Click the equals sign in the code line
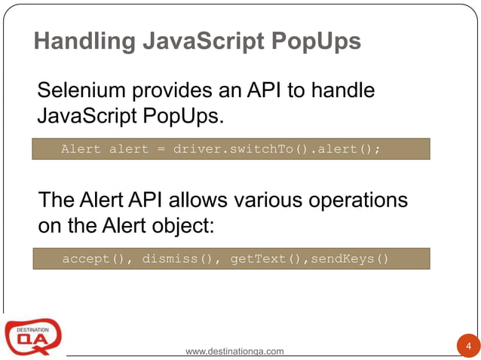[161, 149]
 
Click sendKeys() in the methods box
[348, 259]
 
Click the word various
[253, 201]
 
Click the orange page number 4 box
[468, 346]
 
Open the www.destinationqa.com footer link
[234, 351]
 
